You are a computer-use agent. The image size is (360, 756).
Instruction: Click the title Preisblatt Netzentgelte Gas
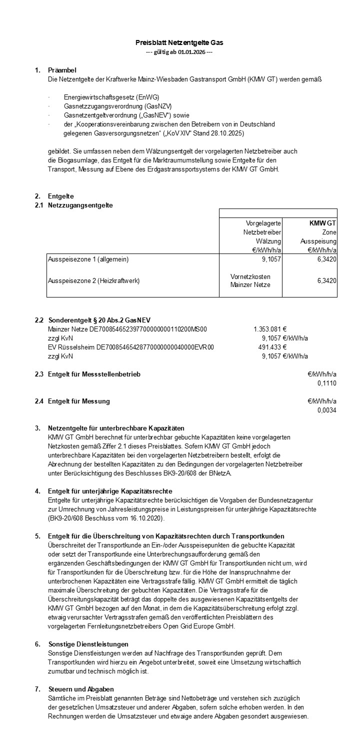pyautogui.click(x=179, y=43)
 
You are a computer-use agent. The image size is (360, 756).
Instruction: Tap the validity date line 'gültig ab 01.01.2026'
pyautogui.click(x=179, y=52)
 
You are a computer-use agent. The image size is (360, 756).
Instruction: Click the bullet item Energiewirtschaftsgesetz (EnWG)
pyautogui.click(x=111, y=97)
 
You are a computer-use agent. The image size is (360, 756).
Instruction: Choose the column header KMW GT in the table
pyautogui.click(x=322, y=223)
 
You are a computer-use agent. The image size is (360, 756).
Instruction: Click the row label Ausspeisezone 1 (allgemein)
pyautogui.click(x=84, y=259)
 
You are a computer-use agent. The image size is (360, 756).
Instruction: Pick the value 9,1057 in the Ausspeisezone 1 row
pyautogui.click(x=268, y=259)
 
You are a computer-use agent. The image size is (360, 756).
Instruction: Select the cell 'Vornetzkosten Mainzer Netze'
pyautogui.click(x=250, y=280)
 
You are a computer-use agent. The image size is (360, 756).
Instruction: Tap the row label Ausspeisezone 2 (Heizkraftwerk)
pyautogui.click(x=93, y=281)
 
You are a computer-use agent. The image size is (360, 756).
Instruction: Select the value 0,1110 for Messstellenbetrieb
pyautogui.click(x=326, y=383)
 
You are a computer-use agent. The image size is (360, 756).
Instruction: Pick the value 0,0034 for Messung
pyautogui.click(x=326, y=410)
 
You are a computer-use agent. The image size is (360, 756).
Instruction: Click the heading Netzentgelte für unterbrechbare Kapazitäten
pyautogui.click(x=116, y=428)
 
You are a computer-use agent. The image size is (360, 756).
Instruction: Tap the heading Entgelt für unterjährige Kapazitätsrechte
pyautogui.click(x=110, y=491)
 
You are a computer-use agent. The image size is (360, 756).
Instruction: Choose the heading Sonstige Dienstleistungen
pyautogui.click(x=88, y=644)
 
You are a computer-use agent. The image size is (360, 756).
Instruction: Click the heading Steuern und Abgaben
pyautogui.click(x=81, y=689)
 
